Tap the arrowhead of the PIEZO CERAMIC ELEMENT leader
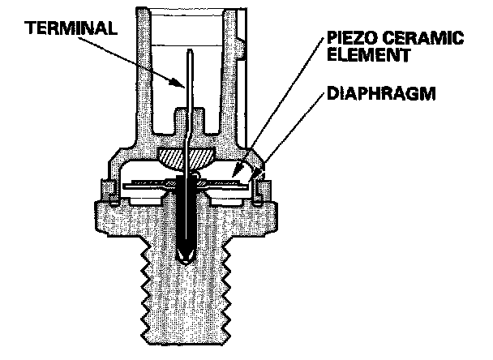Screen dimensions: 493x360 click(x=233, y=172)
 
